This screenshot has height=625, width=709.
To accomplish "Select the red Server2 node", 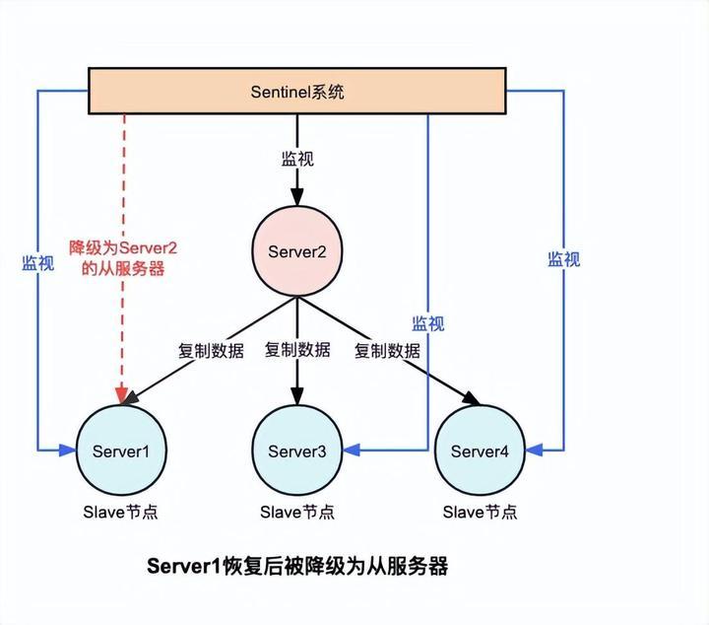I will pos(296,251).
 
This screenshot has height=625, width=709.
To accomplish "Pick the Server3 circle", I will pos(296,451).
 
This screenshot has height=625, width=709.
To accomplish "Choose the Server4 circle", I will pos(480,451).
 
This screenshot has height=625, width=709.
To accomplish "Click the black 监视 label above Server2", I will pos(296,158).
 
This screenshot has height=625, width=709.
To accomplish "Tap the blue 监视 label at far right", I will pos(564,259).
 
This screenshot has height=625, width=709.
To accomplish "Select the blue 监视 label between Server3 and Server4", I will pos(428,323).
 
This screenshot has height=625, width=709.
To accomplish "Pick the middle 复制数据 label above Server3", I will pos(297,350).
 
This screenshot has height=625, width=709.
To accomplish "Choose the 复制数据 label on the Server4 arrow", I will pos(387,350).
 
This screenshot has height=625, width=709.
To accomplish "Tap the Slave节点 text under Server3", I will pos(296,512).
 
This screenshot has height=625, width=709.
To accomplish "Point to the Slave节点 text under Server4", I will pos(480,512).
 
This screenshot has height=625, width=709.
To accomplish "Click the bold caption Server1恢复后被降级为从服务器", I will pos(297,566).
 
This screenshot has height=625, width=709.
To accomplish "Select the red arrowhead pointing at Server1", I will pos(122,396).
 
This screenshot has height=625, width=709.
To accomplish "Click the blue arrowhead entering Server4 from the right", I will pos(534,451).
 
